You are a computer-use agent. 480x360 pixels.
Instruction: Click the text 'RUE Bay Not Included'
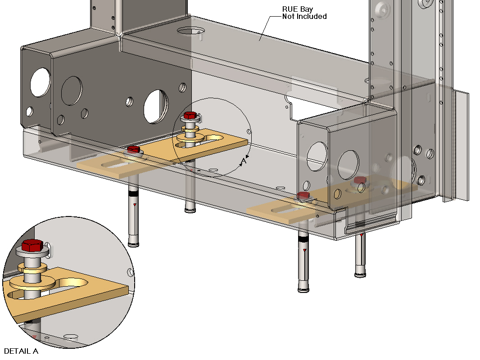(x=304, y=13)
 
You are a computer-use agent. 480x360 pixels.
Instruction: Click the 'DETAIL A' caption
(x=21, y=351)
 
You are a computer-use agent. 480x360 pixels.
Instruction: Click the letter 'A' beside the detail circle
(x=244, y=161)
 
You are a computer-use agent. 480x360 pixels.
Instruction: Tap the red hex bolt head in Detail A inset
(x=32, y=245)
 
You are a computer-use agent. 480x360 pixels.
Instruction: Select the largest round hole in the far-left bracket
(x=40, y=81)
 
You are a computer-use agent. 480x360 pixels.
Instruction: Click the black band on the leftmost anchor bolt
(x=132, y=194)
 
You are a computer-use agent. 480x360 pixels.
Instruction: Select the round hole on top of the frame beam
(x=190, y=31)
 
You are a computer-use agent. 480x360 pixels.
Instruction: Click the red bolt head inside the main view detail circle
(x=190, y=115)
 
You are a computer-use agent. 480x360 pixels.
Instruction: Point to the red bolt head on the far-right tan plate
(x=359, y=180)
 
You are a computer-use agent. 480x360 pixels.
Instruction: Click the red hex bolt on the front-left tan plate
(x=133, y=149)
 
